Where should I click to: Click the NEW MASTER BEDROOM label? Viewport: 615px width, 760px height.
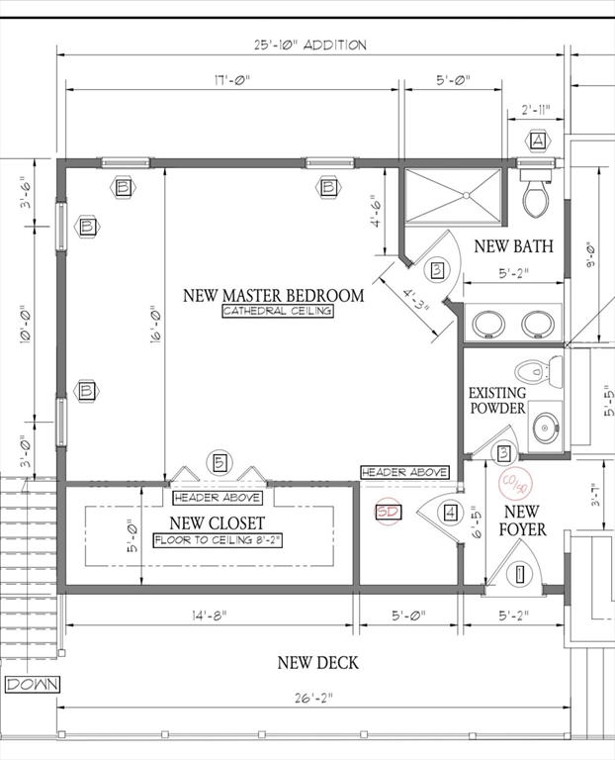pos(274,295)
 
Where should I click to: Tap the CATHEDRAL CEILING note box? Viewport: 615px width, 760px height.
pos(278,311)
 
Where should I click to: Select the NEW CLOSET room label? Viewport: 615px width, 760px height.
pos(217,522)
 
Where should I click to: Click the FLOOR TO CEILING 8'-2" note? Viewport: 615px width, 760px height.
pos(218,540)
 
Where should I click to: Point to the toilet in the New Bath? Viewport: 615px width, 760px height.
pos(536,192)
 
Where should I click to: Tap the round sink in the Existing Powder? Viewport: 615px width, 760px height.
pos(546,427)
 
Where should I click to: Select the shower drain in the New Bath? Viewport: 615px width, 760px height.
pos(466,195)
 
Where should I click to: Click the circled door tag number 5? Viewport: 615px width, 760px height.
pos(220,462)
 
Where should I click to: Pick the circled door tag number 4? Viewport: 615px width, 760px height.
pos(450,513)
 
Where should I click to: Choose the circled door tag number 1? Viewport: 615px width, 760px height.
pos(520,575)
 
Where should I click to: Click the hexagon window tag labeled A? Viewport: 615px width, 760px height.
pos(538,141)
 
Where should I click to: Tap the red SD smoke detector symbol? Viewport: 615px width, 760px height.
pos(388,512)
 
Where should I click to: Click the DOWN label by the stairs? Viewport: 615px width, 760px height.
pos(32,685)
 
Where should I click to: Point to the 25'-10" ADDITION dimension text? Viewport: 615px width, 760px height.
pos(310,46)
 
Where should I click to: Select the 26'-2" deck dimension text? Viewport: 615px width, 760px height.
pos(314,698)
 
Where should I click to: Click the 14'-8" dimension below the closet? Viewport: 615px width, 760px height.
pos(209,616)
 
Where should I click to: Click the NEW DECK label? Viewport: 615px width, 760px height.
pos(318,663)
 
